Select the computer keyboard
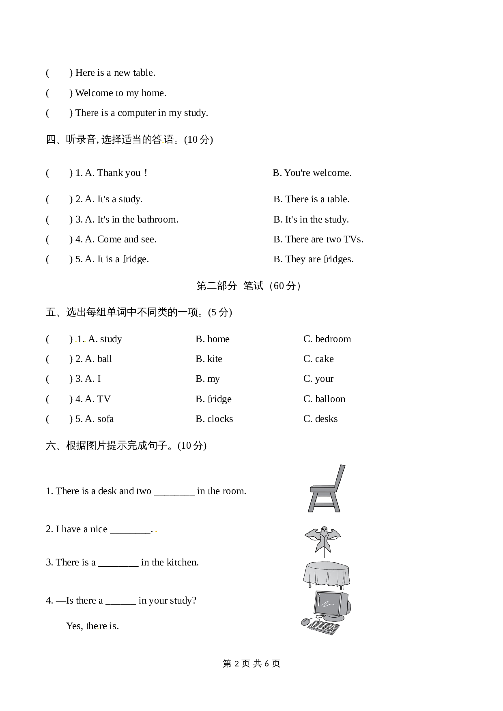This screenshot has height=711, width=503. coord(323,627)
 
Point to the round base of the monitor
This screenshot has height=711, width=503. coord(334,618)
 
